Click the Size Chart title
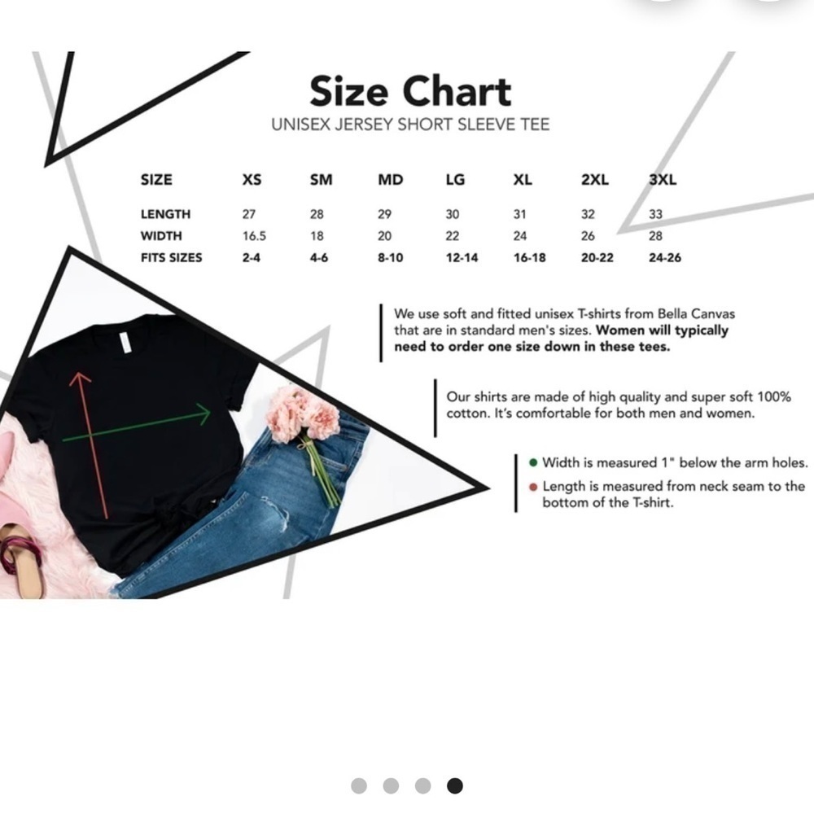(x=410, y=91)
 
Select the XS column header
(x=252, y=180)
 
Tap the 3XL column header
(x=663, y=180)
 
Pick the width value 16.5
(x=254, y=236)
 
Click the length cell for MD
(x=385, y=214)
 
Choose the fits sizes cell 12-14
(x=462, y=258)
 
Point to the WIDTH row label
(x=161, y=236)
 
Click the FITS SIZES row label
(x=171, y=258)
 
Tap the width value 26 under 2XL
(x=588, y=236)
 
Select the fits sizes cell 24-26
(x=665, y=258)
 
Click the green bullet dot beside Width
(x=532, y=462)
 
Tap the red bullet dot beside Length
(x=532, y=487)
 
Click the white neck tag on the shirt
(x=125, y=343)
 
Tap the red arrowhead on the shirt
(x=80, y=379)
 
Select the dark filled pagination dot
(x=455, y=786)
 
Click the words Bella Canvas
(x=696, y=314)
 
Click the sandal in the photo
(x=21, y=558)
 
